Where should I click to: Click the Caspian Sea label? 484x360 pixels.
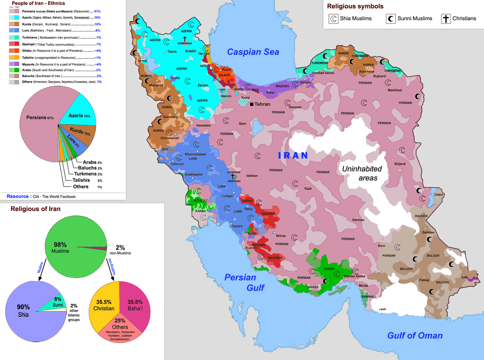pos(253,52)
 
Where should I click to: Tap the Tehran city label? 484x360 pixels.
pos(262,104)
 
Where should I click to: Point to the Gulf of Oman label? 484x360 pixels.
pos(415,335)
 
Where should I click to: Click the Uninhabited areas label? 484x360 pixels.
pos(360,173)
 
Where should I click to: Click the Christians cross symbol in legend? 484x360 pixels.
pos(446,19)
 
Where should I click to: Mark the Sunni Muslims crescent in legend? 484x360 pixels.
pos(391,19)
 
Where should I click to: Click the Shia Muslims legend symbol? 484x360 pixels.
pos(333,19)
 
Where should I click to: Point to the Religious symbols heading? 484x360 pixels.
pos(355,6)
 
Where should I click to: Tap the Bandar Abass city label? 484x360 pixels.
pos(355,276)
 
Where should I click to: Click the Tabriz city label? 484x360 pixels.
pos(172,51)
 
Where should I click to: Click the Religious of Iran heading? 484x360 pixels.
pos(35,209)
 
